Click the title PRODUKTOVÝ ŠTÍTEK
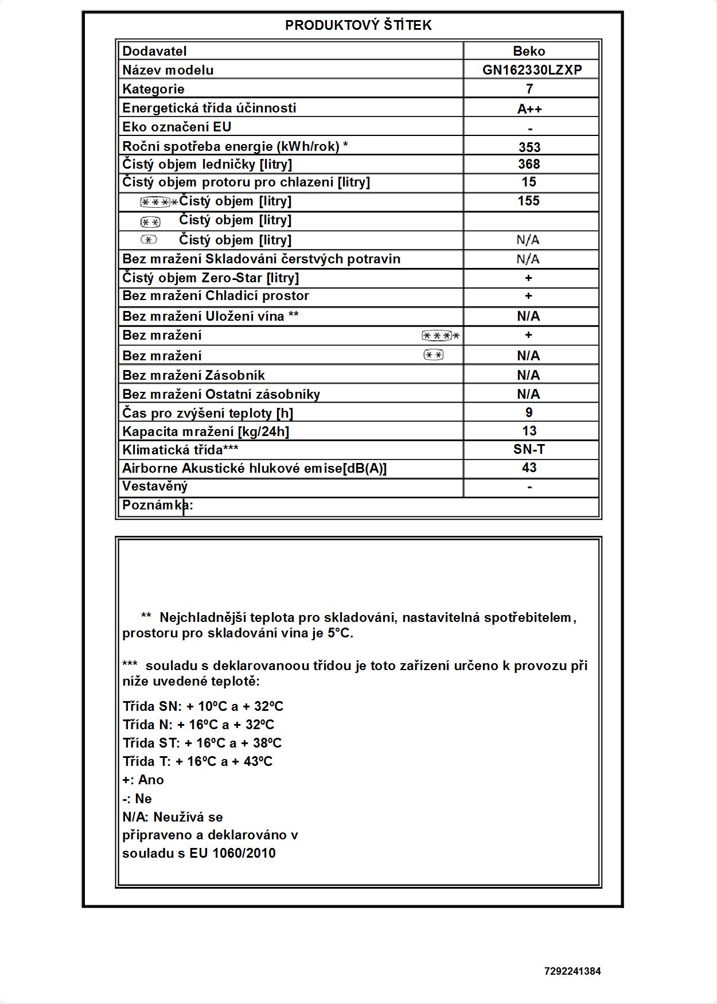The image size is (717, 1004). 358,25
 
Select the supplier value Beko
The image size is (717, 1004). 529,51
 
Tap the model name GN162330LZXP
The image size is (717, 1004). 532,70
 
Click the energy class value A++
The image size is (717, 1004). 529,108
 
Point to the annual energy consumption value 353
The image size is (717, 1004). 529,147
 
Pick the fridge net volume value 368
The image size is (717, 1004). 529,164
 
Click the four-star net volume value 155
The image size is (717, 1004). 529,201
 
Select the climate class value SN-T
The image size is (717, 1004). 529,449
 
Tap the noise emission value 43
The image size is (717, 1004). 529,468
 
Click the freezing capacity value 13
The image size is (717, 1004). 529,431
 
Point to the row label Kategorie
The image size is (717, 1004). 153,89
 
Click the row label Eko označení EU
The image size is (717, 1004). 177,127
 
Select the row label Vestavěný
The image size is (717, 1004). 155,487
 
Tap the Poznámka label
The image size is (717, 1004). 157,505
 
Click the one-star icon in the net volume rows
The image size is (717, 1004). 149,240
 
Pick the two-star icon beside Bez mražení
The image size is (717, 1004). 434,355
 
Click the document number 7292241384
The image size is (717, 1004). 572,971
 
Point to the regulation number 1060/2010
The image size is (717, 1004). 244,853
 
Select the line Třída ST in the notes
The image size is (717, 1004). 202,743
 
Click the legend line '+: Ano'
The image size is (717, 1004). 143,780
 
